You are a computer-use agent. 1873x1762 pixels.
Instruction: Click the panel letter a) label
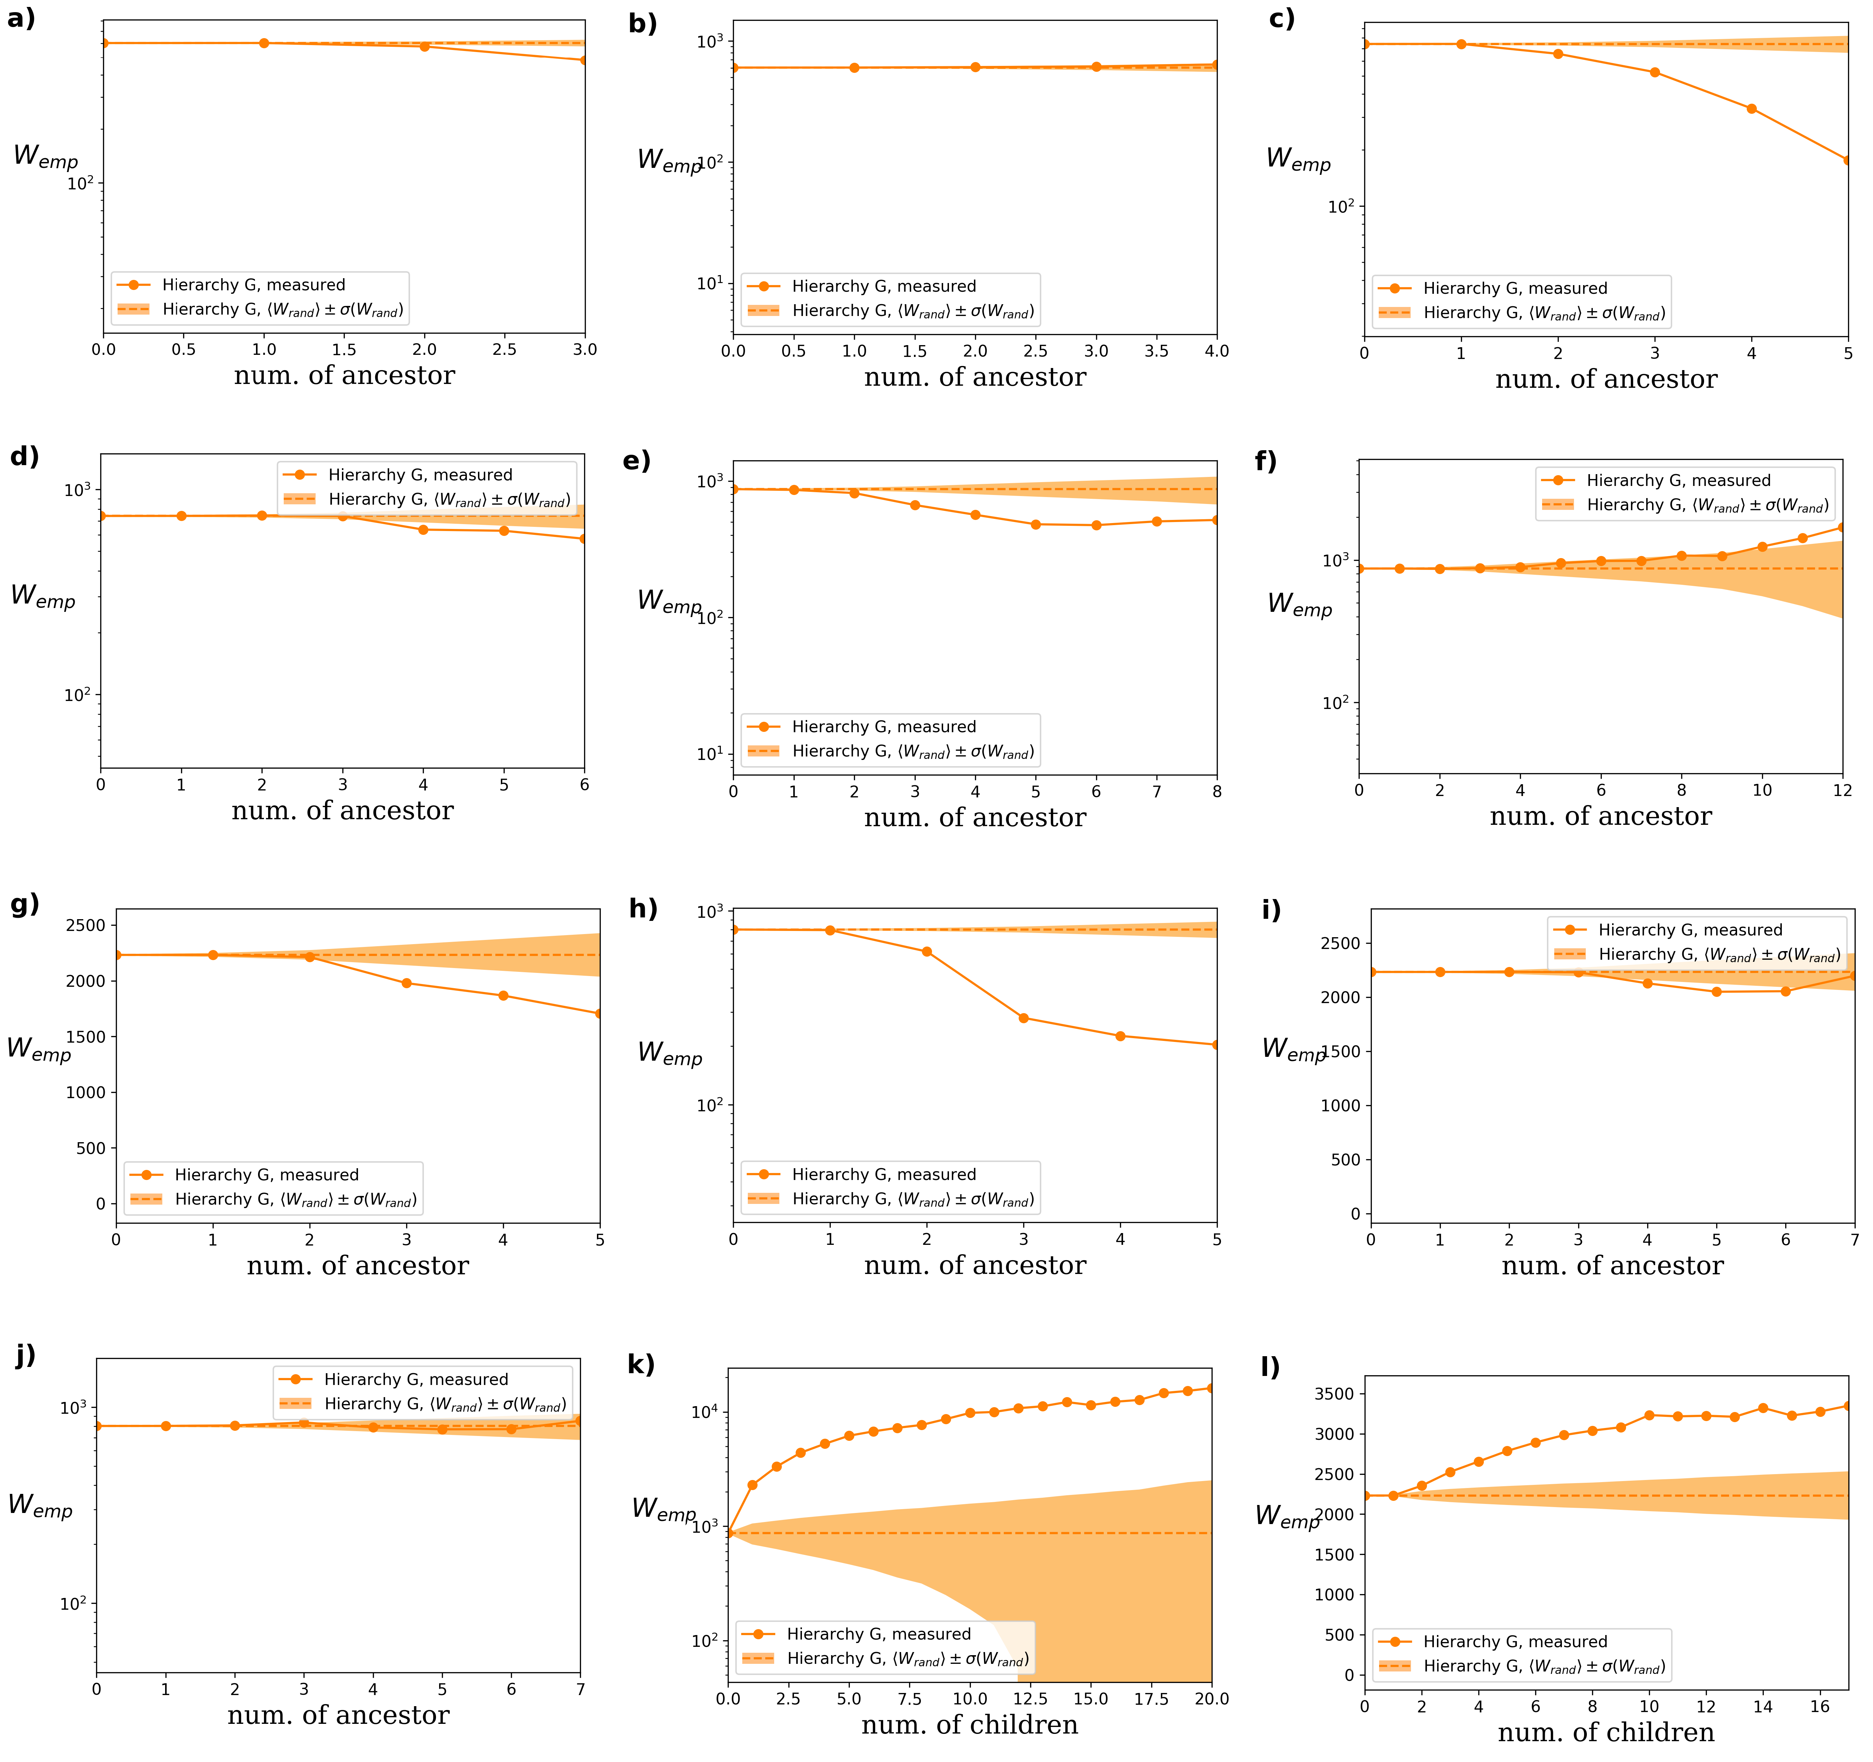(21, 19)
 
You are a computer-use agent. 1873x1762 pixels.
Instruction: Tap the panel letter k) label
(641, 1365)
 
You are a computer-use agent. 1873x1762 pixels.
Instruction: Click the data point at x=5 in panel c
(1847, 160)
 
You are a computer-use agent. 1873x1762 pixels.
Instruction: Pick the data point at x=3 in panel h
(1023, 1018)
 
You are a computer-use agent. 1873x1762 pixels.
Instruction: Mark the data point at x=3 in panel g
(406, 983)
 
